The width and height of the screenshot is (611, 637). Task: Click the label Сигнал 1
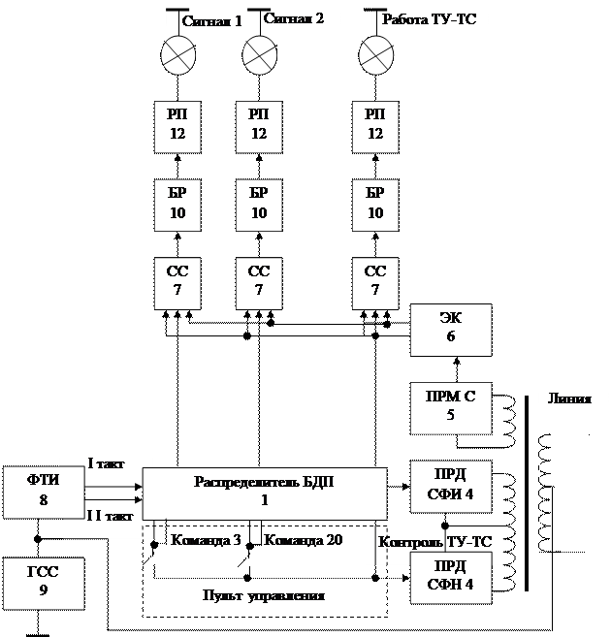click(211, 20)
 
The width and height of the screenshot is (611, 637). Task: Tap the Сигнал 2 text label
click(293, 18)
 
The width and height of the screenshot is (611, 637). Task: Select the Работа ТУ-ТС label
click(429, 18)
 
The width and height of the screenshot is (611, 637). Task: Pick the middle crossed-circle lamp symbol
click(259, 53)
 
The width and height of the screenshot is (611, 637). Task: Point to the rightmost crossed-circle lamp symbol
click(375, 53)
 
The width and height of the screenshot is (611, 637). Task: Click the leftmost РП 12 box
click(177, 125)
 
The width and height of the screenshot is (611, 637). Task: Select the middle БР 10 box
click(259, 203)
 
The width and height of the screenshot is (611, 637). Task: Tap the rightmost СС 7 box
click(375, 281)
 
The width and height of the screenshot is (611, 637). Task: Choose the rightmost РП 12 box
click(375, 125)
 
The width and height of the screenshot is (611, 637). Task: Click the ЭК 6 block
click(451, 330)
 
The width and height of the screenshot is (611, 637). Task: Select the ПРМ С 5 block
click(451, 407)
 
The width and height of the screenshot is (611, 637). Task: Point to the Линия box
click(570, 399)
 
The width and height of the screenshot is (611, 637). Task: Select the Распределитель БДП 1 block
click(264, 492)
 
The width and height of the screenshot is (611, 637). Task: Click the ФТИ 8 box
click(43, 492)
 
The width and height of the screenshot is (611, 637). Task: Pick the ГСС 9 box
click(43, 581)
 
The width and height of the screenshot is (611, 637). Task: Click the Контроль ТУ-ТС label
click(435, 543)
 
